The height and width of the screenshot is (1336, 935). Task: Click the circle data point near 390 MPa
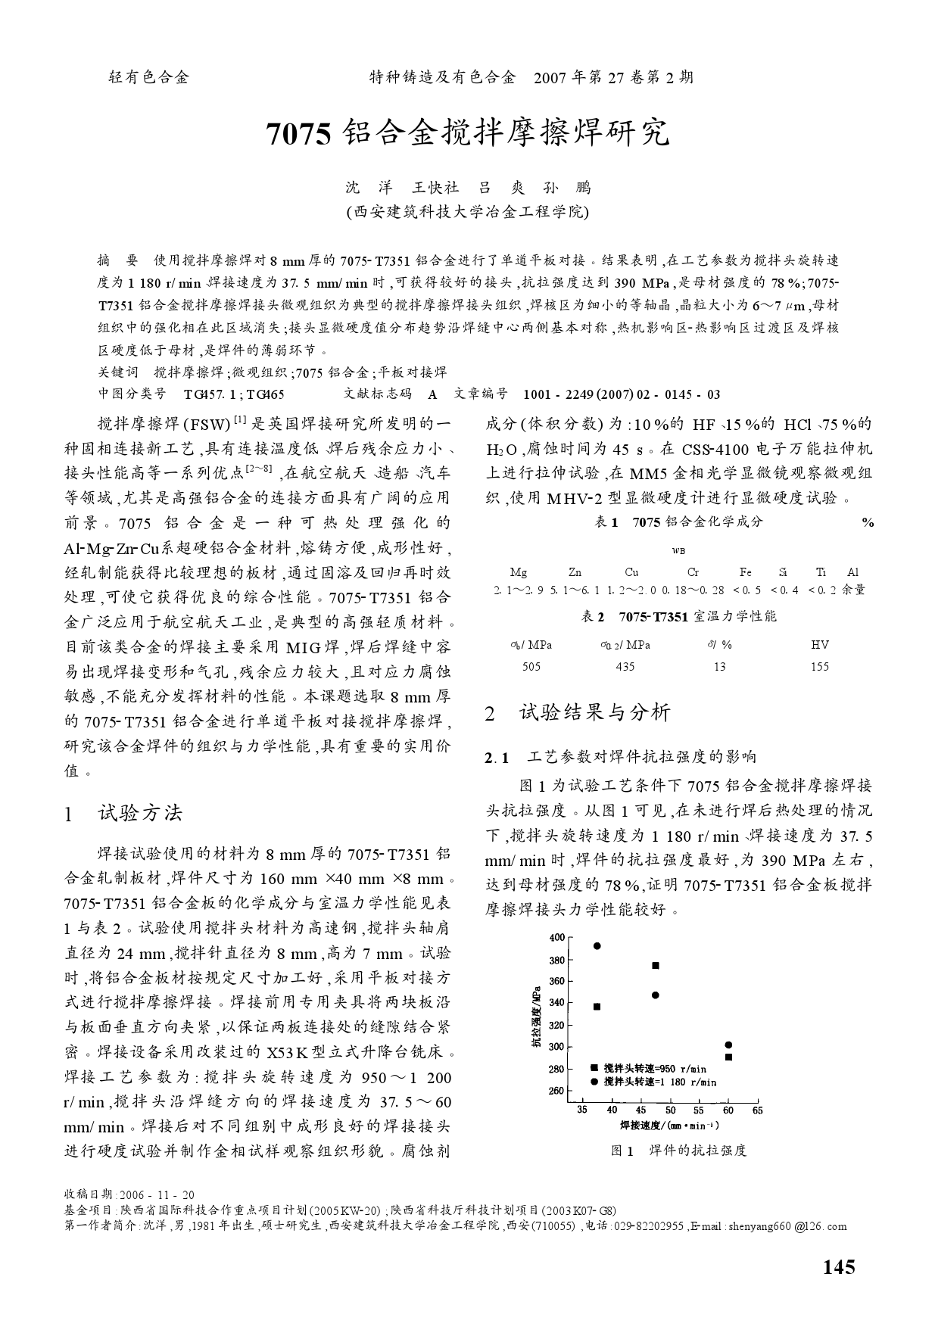coord(597,945)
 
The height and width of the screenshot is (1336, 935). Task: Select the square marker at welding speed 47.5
coord(656,965)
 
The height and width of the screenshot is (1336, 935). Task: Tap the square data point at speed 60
coord(728,1057)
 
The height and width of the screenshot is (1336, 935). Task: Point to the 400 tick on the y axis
coord(556,937)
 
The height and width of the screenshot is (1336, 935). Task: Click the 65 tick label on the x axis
coord(757,1110)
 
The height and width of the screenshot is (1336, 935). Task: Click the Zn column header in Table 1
coord(575,572)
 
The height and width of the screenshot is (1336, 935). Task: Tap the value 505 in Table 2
coord(531,667)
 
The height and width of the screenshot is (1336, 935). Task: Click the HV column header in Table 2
coord(819,645)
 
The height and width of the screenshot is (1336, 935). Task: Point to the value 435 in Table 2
coord(625,667)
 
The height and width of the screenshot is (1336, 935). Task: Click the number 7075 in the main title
coord(300,134)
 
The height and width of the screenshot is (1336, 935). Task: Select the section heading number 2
coord(490,713)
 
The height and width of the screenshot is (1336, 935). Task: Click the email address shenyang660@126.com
coord(787,1226)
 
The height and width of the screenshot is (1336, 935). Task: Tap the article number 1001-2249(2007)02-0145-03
coord(622,394)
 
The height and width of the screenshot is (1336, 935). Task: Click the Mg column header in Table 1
coord(519,572)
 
